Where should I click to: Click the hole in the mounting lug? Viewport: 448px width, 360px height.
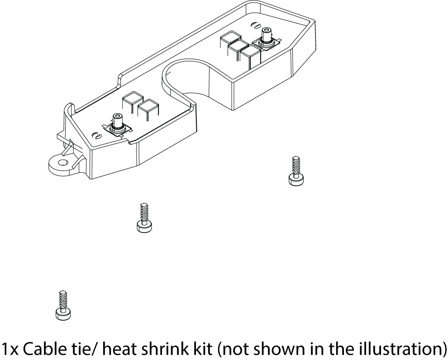[x=63, y=161]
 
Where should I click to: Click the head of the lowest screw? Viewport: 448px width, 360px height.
[x=63, y=313]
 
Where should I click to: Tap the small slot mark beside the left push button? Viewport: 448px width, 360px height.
[x=96, y=135]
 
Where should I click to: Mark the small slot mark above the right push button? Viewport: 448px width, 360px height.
[x=254, y=25]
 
